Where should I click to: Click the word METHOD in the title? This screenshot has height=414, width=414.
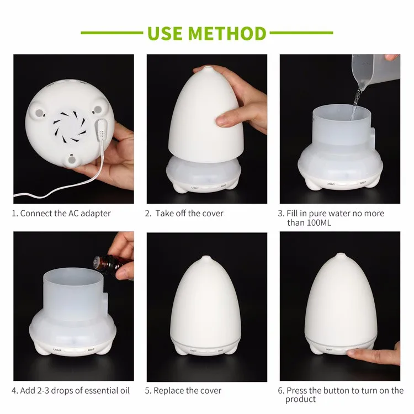(227, 33)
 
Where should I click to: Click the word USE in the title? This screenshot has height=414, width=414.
(165, 33)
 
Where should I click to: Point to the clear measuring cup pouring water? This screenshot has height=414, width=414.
(375, 71)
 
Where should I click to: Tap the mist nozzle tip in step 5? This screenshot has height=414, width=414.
(206, 257)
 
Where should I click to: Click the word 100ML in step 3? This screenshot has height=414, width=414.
(319, 222)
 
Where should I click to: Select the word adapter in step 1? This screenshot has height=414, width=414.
(95, 213)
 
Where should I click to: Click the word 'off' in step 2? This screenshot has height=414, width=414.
(181, 213)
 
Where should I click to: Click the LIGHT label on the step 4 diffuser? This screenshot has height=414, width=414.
(57, 350)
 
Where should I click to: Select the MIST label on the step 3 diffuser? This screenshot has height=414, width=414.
(363, 183)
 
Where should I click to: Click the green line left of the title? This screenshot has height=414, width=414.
(112, 33)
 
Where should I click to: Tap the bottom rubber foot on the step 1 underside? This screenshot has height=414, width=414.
(72, 160)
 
